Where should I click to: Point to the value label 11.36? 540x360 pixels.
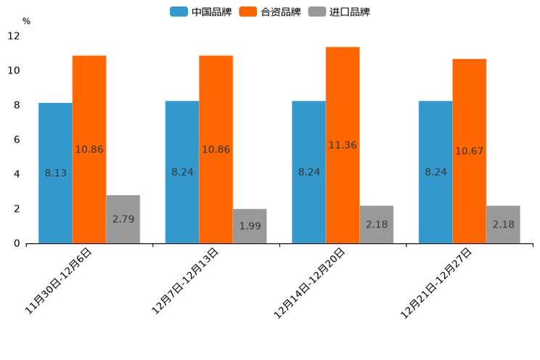pyautogui.click(x=343, y=145)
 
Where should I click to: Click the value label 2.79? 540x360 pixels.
pyautogui.click(x=123, y=218)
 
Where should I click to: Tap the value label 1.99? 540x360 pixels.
pyautogui.click(x=250, y=226)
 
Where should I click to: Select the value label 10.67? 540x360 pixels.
pyautogui.click(x=469, y=151)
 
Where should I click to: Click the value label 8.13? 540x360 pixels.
pyautogui.click(x=55, y=173)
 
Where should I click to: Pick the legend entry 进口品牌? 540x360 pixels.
pyautogui.click(x=339, y=12)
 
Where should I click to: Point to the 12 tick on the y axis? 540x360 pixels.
pyautogui.click(x=14, y=36)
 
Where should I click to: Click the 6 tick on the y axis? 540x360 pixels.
pyautogui.click(x=17, y=139)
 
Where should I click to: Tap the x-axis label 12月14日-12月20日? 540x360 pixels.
pyautogui.click(x=310, y=283)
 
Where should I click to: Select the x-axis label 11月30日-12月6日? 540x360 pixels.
pyautogui.click(x=59, y=280)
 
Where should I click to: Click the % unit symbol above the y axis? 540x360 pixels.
pyautogui.click(x=26, y=21)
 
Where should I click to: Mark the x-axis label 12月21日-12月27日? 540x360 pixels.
pyautogui.click(x=437, y=283)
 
